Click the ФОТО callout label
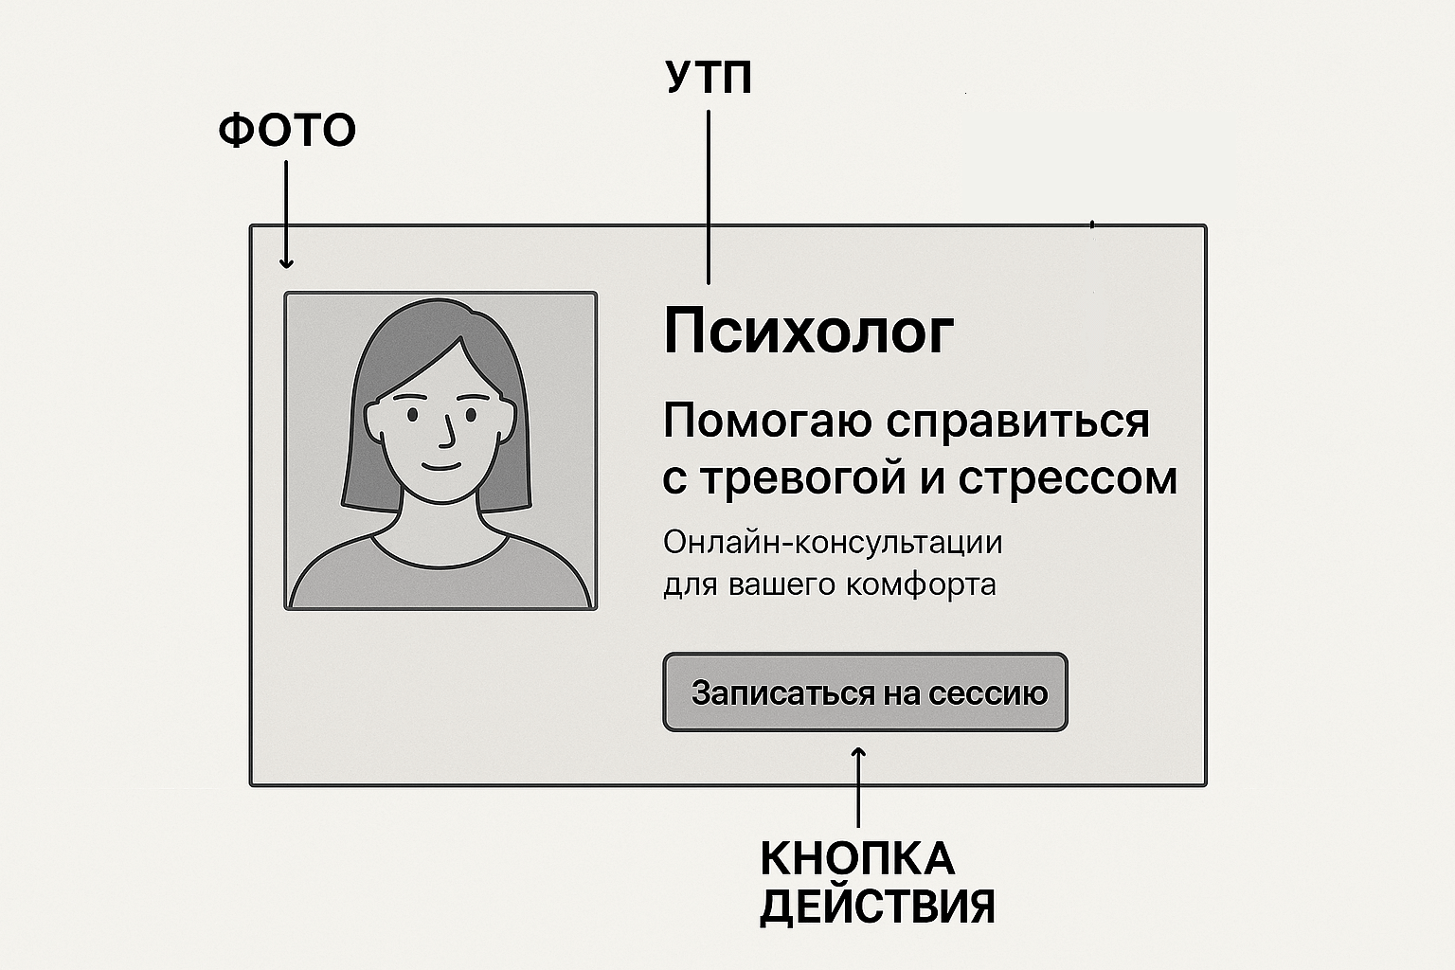click(x=287, y=130)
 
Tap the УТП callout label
click(x=710, y=79)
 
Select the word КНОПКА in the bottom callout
click(x=857, y=859)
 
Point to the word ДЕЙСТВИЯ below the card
click(x=877, y=907)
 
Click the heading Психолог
click(x=808, y=332)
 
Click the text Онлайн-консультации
click(x=832, y=543)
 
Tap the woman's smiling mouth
click(x=441, y=466)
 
